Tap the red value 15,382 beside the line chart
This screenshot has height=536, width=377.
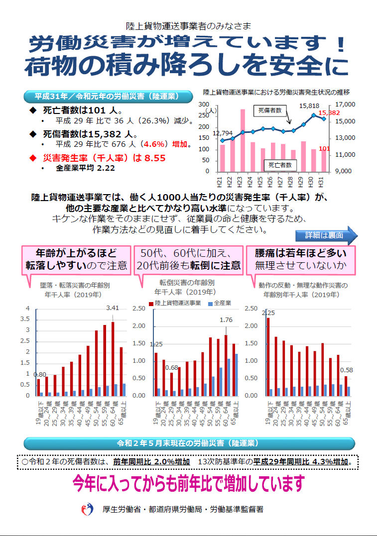[329, 113]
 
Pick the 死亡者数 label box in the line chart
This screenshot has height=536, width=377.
[279, 165]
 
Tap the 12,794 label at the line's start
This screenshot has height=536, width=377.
[223, 133]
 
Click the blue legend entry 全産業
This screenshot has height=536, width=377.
[222, 303]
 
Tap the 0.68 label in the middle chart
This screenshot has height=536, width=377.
[172, 368]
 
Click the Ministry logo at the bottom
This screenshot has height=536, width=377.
[88, 509]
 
